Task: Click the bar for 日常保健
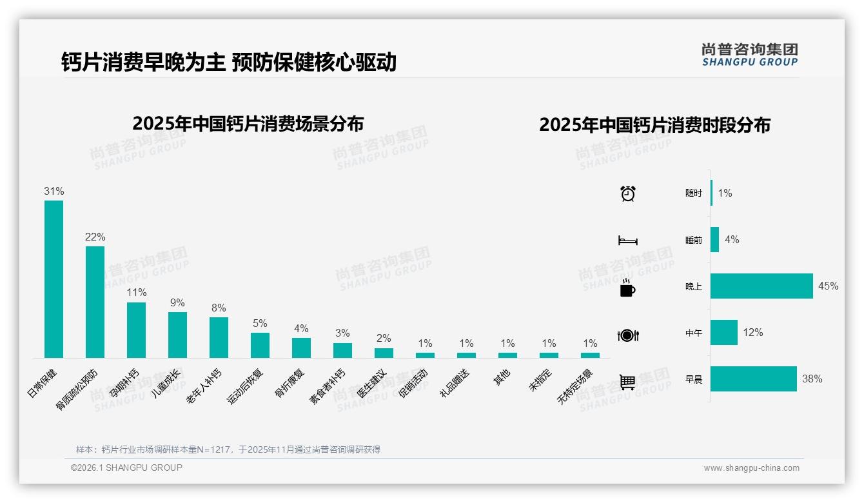coord(54,279)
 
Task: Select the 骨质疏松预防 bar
coord(95,302)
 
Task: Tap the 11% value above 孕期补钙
coord(136,293)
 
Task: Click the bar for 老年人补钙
coord(219,337)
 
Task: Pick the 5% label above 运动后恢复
coord(260,323)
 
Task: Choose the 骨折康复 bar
coord(301,348)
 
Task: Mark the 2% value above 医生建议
coord(384,339)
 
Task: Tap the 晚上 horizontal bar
coord(761,286)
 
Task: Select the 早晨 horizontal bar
coord(753,379)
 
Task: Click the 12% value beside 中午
coord(752,333)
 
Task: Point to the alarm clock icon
coord(627,193)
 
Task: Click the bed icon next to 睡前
coord(627,241)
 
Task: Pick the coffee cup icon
coord(627,288)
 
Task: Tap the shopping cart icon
coord(627,382)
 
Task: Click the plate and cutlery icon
coord(627,335)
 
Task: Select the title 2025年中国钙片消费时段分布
coord(654,125)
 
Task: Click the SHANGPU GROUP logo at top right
coord(749,55)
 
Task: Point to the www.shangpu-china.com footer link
coord(751,468)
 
